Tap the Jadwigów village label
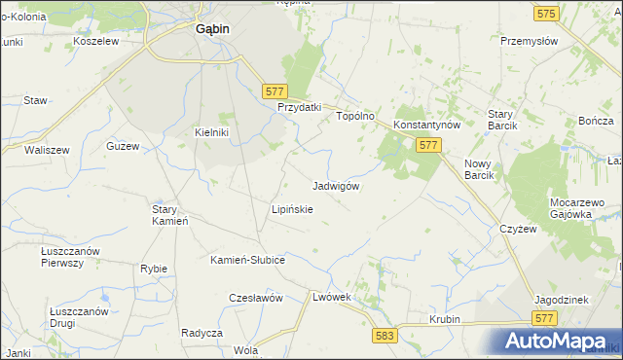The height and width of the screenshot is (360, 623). pyautogui.click(x=338, y=186)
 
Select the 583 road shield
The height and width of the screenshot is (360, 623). pyautogui.click(x=385, y=335)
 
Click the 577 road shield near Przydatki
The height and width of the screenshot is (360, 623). pyautogui.click(x=274, y=90)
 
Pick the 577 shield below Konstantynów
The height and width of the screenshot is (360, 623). pyautogui.click(x=429, y=144)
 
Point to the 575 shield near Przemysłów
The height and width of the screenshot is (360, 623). pyautogui.click(x=545, y=14)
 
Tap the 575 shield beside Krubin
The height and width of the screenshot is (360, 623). pyautogui.click(x=544, y=318)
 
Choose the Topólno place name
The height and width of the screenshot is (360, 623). pyautogui.click(x=355, y=116)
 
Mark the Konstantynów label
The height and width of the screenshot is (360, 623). pyautogui.click(x=426, y=126)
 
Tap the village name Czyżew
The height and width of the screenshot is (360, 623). pyautogui.click(x=518, y=229)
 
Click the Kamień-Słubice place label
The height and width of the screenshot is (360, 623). pyautogui.click(x=247, y=260)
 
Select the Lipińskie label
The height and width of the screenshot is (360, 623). pyautogui.click(x=292, y=209)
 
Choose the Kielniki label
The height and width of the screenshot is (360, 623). pyautogui.click(x=211, y=133)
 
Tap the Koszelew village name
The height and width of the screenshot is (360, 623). pyautogui.click(x=95, y=42)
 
